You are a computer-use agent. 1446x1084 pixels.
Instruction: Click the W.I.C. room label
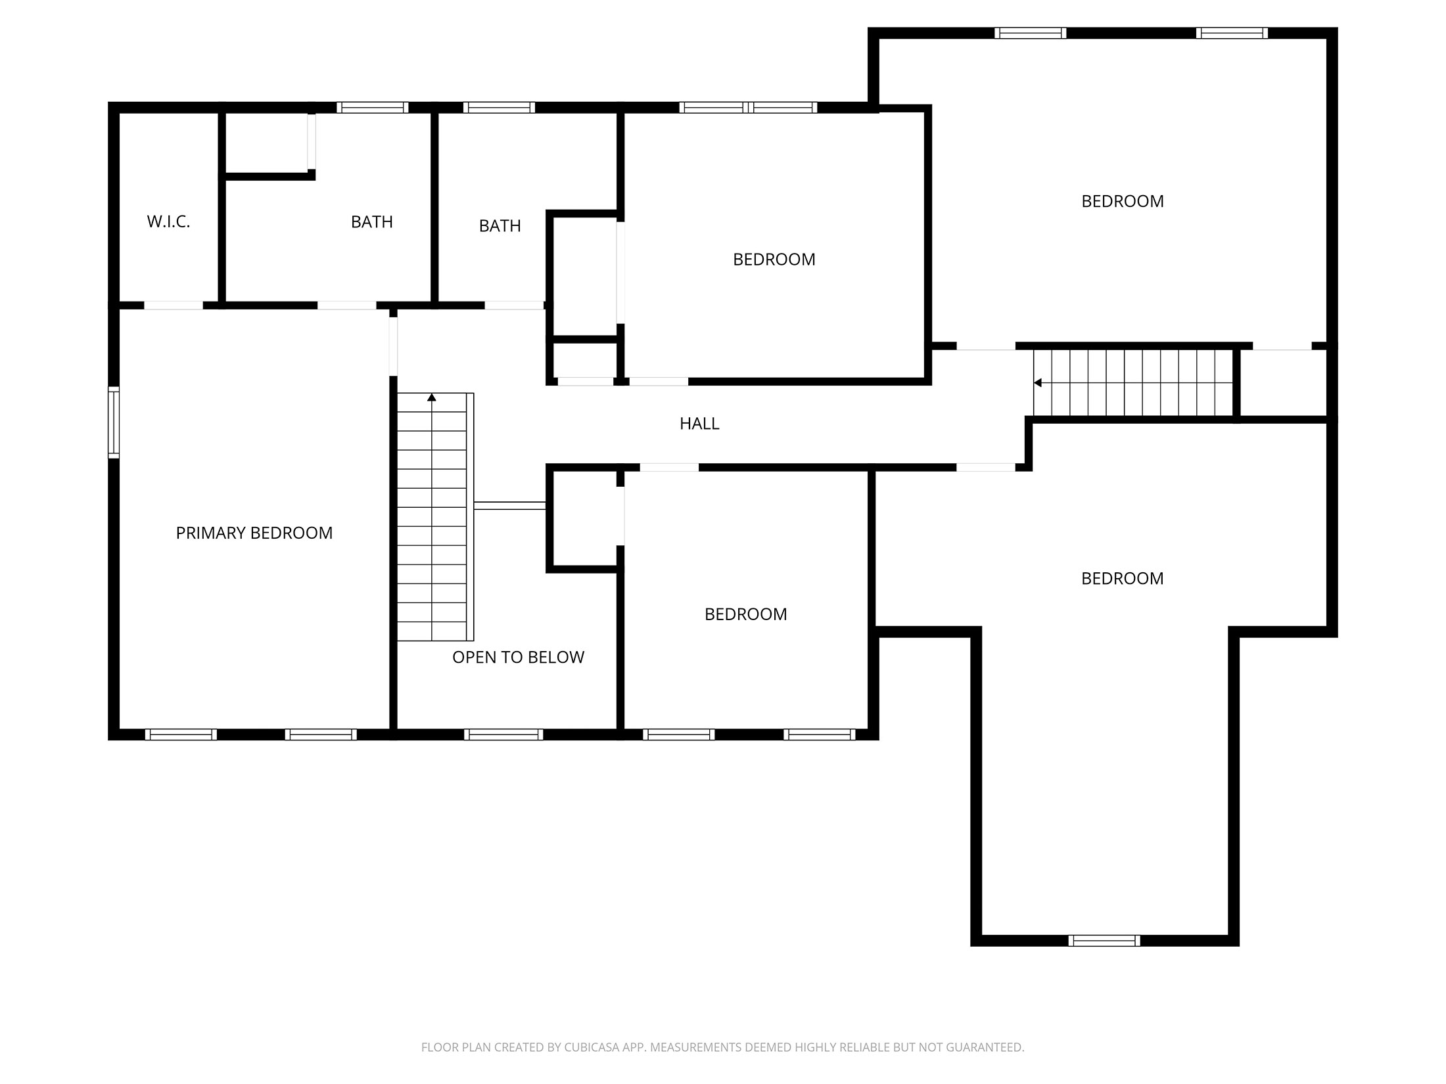tap(168, 222)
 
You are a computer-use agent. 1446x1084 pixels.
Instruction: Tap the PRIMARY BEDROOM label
tap(254, 533)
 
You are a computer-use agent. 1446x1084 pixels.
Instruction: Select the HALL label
tap(699, 424)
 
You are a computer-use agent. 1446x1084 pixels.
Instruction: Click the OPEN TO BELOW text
tap(518, 658)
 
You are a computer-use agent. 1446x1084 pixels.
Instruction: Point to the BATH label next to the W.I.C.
tap(371, 222)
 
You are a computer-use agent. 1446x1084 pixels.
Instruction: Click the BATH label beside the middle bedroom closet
tap(500, 226)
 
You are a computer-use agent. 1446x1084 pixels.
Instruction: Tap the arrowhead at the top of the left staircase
tap(432, 397)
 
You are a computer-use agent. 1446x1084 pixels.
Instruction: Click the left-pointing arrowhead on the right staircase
tap(1038, 383)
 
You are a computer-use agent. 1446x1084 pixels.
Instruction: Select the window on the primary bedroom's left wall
tap(114, 422)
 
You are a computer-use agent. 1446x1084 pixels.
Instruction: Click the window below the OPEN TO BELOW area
tap(503, 734)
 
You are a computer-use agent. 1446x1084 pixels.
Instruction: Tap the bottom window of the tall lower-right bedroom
tap(1104, 941)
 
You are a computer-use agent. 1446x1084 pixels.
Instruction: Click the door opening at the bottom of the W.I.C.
tap(174, 305)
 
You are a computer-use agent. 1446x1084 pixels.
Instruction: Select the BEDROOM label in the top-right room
tap(1122, 202)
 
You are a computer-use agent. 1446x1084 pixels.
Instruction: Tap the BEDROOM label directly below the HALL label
tap(745, 614)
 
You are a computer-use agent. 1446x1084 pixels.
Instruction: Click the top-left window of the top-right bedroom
tap(1030, 34)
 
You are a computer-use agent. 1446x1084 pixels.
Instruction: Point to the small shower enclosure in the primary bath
tap(267, 143)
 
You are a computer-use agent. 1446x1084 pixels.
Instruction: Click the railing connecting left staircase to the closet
tap(510, 505)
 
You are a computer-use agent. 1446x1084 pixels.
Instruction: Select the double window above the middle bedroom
tap(748, 108)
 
